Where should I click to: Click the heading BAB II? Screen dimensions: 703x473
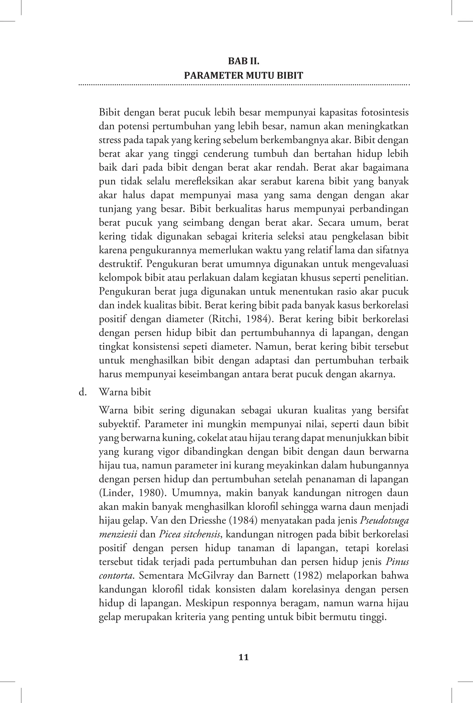click(x=243, y=61)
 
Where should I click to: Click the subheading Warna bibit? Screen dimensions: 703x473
click(x=125, y=392)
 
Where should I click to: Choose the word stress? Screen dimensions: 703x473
click(x=109, y=140)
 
